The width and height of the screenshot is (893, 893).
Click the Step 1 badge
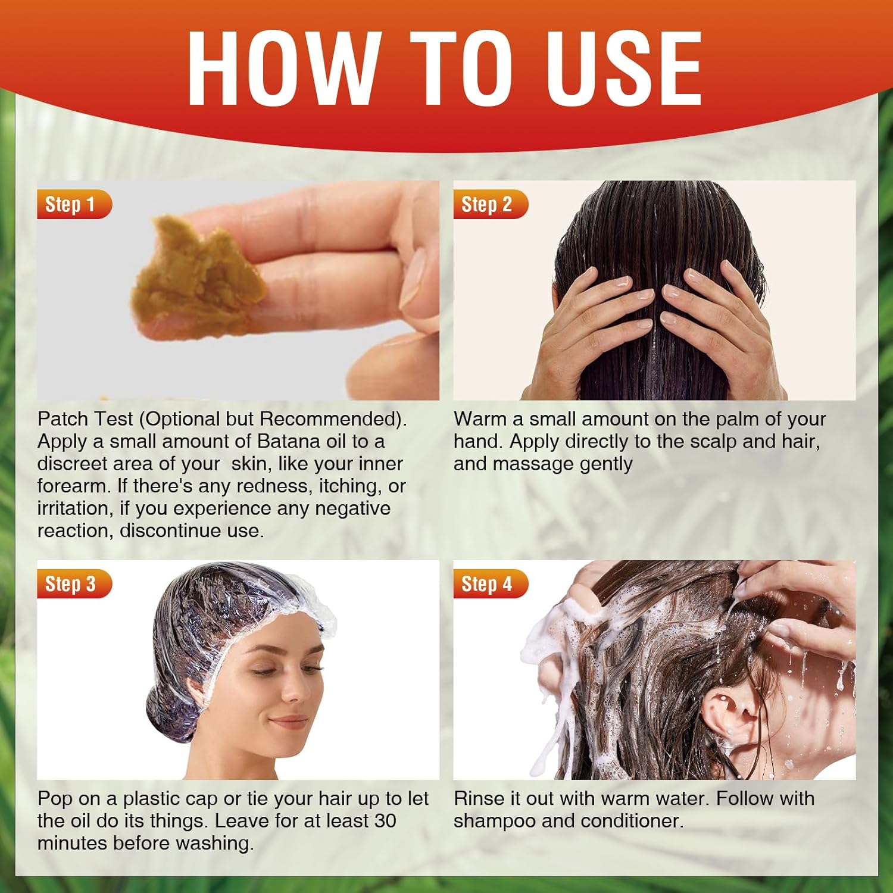coord(74,204)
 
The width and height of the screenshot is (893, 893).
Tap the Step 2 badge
coord(491,204)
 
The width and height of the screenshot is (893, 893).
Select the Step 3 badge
coord(74,584)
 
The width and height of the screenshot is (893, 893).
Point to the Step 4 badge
coord(491,584)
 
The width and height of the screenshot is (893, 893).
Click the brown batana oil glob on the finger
coord(199,279)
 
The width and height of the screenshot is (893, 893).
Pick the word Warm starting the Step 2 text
coord(481,419)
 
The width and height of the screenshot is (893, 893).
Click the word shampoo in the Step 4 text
coord(495,822)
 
